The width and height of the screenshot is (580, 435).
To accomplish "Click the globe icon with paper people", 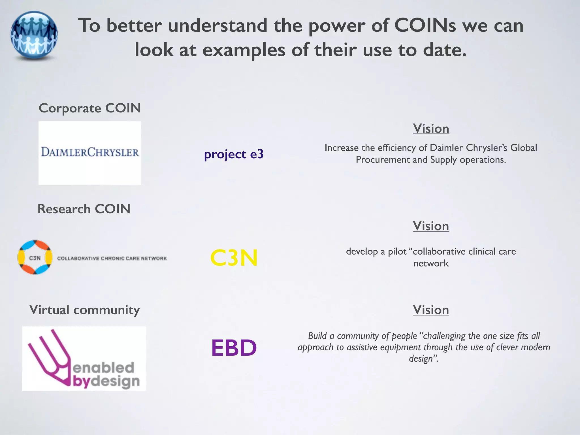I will (34, 35).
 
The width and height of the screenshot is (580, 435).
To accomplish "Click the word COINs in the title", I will (425, 25).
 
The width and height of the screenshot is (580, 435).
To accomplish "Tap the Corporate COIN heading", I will (90, 108).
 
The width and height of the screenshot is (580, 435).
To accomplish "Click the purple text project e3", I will (234, 154).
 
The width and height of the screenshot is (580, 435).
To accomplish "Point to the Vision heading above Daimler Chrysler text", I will (431, 129).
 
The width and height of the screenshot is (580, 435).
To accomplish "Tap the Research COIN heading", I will (84, 209).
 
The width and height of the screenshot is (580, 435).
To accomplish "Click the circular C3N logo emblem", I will (35, 257).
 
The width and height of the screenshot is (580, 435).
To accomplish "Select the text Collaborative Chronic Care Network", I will (112, 258).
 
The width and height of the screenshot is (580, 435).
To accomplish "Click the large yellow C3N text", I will (234, 258).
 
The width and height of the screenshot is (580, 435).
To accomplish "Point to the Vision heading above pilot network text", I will (431, 226).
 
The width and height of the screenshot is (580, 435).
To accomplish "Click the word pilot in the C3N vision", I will (397, 252).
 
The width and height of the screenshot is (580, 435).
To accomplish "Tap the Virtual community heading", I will (84, 310).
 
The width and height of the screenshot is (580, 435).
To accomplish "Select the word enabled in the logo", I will (103, 368).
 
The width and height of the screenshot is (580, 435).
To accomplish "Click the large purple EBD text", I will (234, 348).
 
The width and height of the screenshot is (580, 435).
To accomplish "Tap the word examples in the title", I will (244, 50).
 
